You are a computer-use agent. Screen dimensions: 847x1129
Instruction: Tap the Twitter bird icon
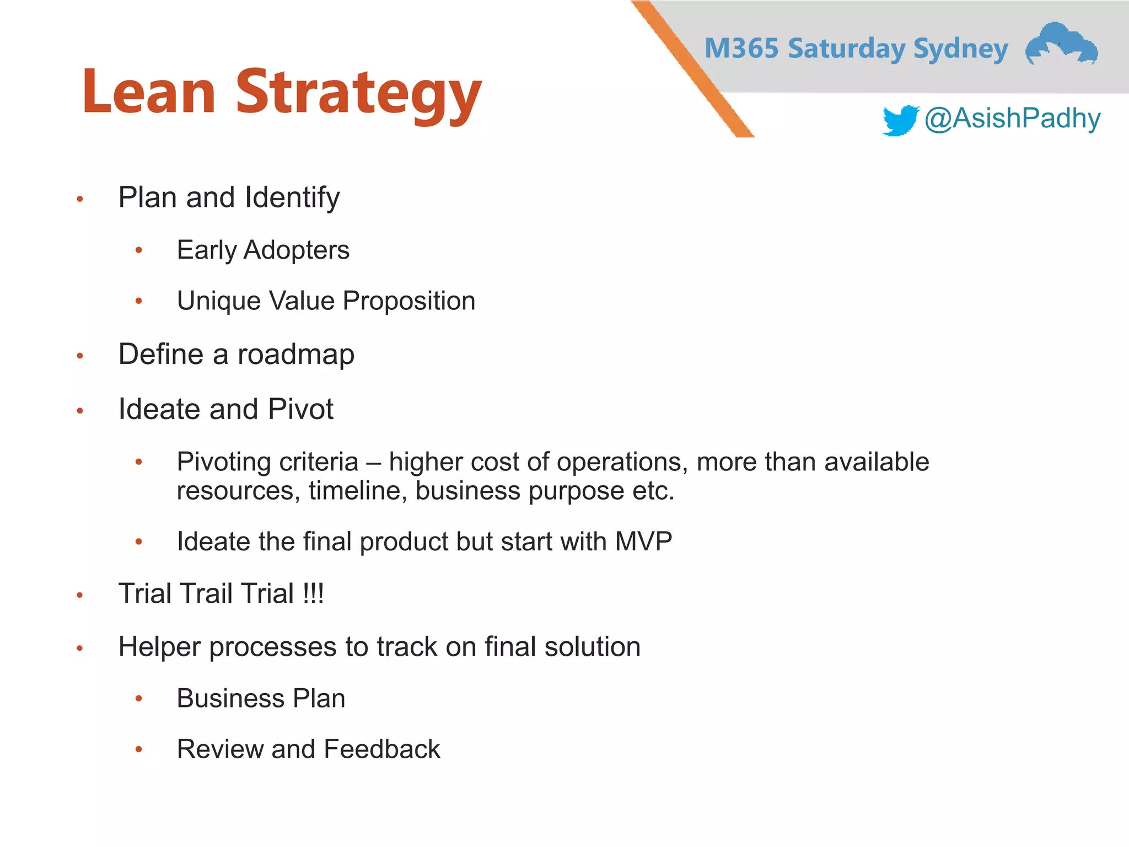(x=900, y=120)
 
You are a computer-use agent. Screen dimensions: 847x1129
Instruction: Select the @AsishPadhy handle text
(x=1012, y=119)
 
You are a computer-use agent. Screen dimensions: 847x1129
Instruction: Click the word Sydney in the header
(x=960, y=50)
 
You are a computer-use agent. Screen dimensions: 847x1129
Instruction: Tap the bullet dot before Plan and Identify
(x=80, y=199)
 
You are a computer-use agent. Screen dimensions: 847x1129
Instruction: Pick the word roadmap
(x=295, y=355)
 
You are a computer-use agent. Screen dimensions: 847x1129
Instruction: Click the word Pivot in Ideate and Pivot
(x=300, y=409)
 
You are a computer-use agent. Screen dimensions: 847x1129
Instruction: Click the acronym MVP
(x=643, y=542)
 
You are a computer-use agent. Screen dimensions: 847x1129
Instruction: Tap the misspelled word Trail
(x=207, y=594)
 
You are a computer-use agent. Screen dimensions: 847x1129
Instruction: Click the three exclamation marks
(x=313, y=594)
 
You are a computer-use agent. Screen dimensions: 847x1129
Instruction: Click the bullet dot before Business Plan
(x=139, y=699)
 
